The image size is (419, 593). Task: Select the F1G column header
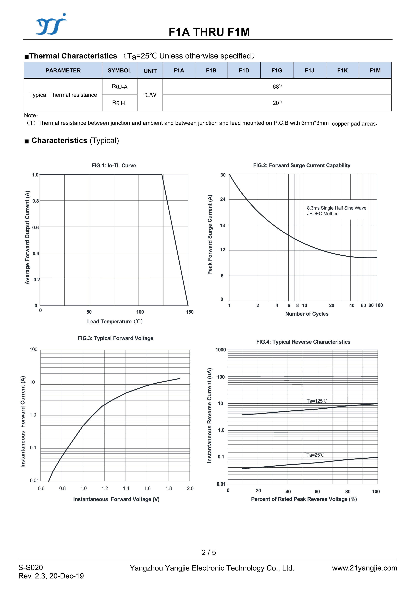tap(277, 70)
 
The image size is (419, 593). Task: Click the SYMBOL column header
tap(119, 70)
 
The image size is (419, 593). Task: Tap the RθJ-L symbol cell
tap(119, 103)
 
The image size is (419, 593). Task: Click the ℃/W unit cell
tap(150, 95)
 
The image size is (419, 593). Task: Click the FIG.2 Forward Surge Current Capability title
tap(302, 165)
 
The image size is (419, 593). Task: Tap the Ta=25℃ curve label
tap(315, 455)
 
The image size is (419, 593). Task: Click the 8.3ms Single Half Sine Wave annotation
tap(336, 208)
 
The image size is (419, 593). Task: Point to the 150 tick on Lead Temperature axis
tap(190, 312)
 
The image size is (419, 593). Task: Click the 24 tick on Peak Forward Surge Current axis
tap(223, 199)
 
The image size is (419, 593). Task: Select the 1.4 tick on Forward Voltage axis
tap(126, 488)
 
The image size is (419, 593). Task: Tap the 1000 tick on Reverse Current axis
tap(220, 350)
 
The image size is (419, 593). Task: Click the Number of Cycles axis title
tap(307, 314)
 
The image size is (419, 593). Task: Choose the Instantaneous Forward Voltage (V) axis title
tap(116, 499)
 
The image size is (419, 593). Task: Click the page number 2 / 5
tap(209, 552)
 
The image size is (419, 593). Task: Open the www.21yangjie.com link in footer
tap(364, 568)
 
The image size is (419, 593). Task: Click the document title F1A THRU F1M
tap(209, 32)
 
